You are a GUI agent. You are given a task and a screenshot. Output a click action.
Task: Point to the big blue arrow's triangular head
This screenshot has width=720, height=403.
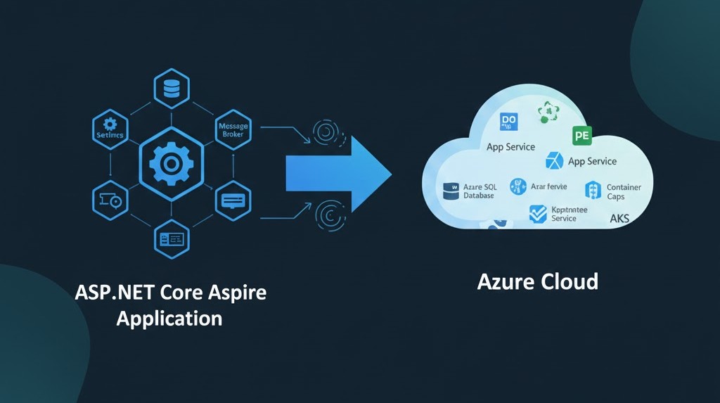pyautogui.click(x=370, y=172)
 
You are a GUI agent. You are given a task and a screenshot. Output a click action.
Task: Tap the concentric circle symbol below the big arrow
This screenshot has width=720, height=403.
pyautogui.click(x=328, y=213)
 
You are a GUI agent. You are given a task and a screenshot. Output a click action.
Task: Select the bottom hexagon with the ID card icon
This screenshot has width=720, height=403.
pyautogui.click(x=172, y=239)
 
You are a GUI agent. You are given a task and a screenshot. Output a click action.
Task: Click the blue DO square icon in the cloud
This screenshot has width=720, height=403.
pyautogui.click(x=508, y=122)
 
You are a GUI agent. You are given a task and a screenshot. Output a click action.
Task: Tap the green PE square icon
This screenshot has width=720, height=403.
pyautogui.click(x=582, y=135)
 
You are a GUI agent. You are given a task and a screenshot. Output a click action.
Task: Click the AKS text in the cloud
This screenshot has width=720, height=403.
pyautogui.click(x=619, y=219)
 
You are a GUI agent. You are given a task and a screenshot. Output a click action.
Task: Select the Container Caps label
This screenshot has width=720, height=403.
pyautogui.click(x=624, y=192)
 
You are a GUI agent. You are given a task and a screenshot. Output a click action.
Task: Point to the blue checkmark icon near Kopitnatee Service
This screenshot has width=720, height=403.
pyautogui.click(x=538, y=214)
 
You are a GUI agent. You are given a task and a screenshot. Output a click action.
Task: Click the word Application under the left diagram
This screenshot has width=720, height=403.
pyautogui.click(x=169, y=318)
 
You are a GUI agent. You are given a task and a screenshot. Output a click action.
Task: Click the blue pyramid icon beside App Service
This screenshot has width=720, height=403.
pyautogui.click(x=555, y=161)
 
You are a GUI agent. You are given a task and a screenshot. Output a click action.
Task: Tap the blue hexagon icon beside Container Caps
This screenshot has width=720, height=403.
pyautogui.click(x=593, y=190)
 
